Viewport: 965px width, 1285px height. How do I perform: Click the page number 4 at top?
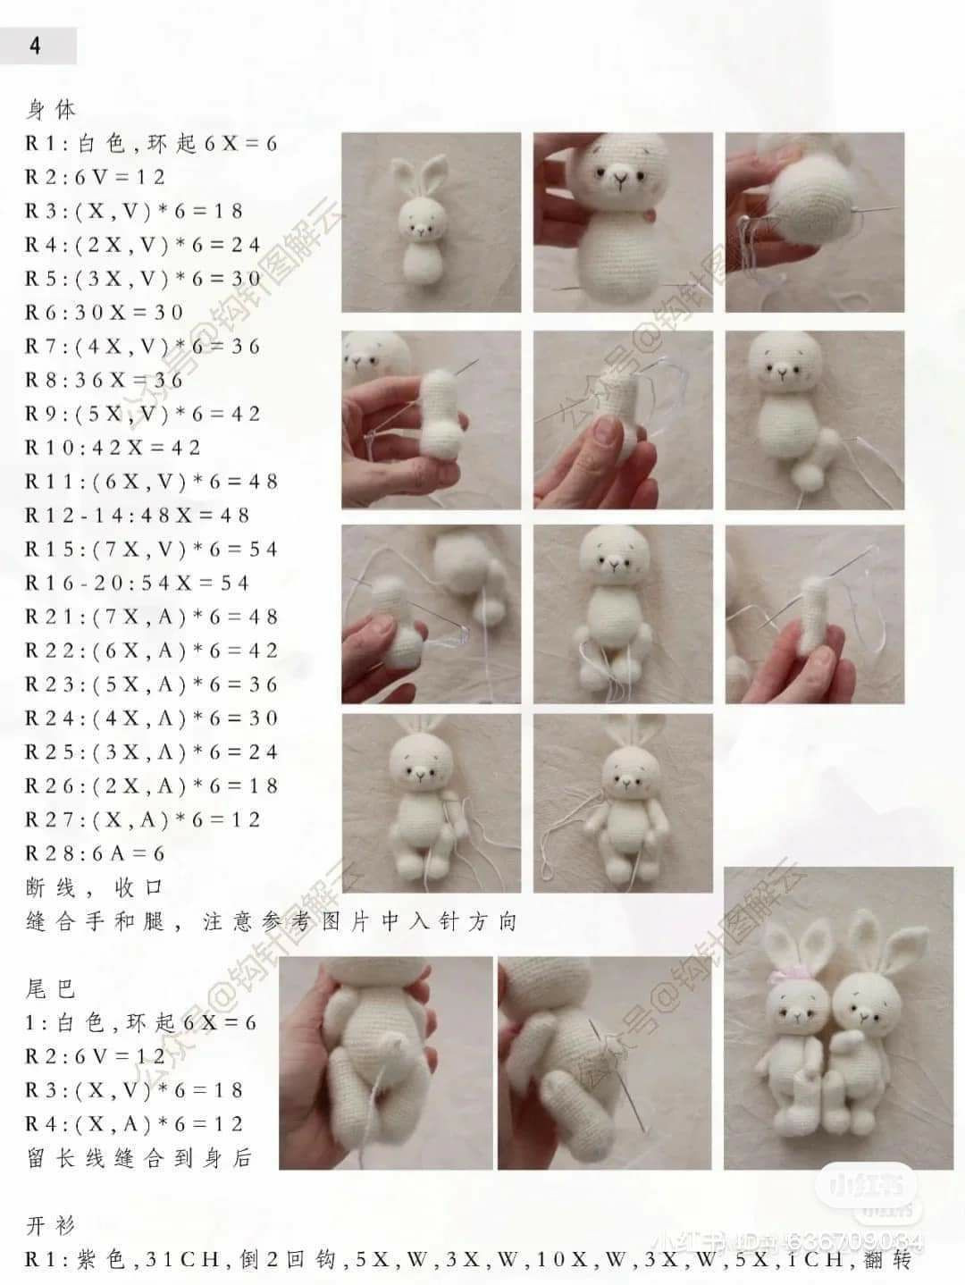click(35, 46)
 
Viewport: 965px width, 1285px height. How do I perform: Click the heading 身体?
click(52, 110)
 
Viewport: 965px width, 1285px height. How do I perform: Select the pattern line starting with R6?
click(104, 312)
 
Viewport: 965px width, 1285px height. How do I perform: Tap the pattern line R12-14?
click(138, 516)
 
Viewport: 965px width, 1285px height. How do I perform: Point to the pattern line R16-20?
click(138, 584)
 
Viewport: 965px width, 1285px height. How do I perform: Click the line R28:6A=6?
click(96, 854)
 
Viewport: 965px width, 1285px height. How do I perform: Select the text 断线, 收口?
click(95, 888)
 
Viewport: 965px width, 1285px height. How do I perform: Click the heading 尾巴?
click(52, 989)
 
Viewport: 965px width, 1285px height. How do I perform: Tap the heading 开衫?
click(52, 1225)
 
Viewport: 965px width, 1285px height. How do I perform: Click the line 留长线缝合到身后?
click(139, 1159)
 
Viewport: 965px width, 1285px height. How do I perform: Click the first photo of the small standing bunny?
click(430, 223)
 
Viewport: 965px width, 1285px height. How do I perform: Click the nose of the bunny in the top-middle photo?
click(619, 184)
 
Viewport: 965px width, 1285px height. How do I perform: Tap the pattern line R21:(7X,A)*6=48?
click(152, 617)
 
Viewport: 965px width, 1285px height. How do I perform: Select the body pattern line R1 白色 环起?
click(152, 143)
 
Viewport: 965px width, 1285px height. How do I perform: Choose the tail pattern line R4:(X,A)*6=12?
click(134, 1124)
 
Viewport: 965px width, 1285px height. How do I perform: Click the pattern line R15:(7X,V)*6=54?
click(152, 550)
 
